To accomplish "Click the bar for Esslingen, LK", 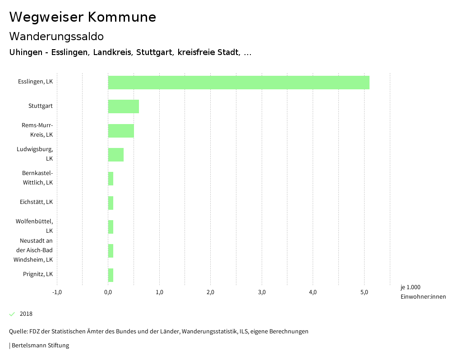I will tap(239, 83).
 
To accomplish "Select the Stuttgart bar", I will tap(123, 106).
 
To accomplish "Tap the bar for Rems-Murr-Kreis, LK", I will tap(121, 130).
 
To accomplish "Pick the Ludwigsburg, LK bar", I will tap(115, 154).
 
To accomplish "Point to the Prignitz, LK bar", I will tap(111, 275).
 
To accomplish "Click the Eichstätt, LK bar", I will tap(111, 203).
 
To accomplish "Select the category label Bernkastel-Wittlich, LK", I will tap(37, 178).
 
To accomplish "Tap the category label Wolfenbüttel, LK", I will tap(34, 226).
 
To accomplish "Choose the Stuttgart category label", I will tap(41, 106).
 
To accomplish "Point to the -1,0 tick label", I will tap(57, 292).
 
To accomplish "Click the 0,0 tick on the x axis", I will tap(108, 292).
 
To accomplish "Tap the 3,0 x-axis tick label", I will tap(262, 292).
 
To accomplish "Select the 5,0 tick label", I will tap(364, 292).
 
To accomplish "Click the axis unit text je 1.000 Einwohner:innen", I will tap(423, 292).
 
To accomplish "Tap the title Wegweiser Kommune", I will tap(83, 17).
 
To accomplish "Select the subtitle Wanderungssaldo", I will tap(56, 36).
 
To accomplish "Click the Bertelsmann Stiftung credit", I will tap(39, 346).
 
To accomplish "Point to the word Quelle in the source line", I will tap(18, 332).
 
